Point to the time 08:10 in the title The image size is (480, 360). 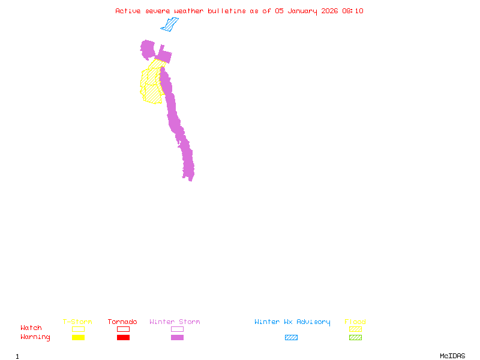353,11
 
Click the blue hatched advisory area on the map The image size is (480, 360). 170,25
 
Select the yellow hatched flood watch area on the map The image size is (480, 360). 151,87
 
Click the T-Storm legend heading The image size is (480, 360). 77,322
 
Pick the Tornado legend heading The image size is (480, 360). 122,322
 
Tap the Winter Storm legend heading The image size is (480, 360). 175,322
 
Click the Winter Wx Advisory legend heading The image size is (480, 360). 292,322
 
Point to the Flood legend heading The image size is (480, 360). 355,322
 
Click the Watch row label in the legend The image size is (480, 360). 31,328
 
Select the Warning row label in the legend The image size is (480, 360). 35,337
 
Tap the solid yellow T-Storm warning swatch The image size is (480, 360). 78,337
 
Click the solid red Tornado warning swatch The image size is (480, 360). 123,337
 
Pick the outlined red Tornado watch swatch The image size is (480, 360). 123,329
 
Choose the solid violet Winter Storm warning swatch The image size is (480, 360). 177,337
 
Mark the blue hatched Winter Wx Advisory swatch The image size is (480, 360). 291,337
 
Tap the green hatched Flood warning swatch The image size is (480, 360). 355,337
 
